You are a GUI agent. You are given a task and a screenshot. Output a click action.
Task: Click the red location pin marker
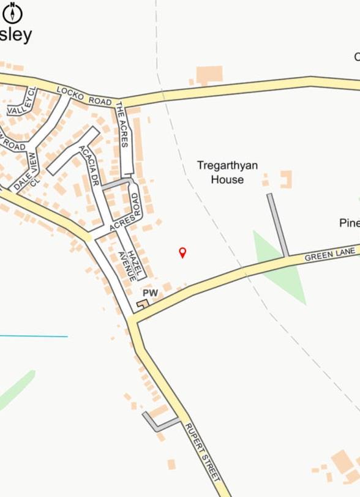(182, 252)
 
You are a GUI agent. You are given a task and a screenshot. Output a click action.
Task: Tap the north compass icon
(12, 12)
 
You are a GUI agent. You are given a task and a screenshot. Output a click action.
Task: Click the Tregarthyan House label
(227, 172)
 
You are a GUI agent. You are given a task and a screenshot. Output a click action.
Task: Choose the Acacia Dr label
(89, 165)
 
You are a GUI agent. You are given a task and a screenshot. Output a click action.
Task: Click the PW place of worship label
(150, 294)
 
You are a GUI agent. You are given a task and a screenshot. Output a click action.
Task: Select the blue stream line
(34, 336)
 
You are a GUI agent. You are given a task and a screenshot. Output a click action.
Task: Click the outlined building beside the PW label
(142, 304)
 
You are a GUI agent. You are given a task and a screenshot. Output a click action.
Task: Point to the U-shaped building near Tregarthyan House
(285, 179)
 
